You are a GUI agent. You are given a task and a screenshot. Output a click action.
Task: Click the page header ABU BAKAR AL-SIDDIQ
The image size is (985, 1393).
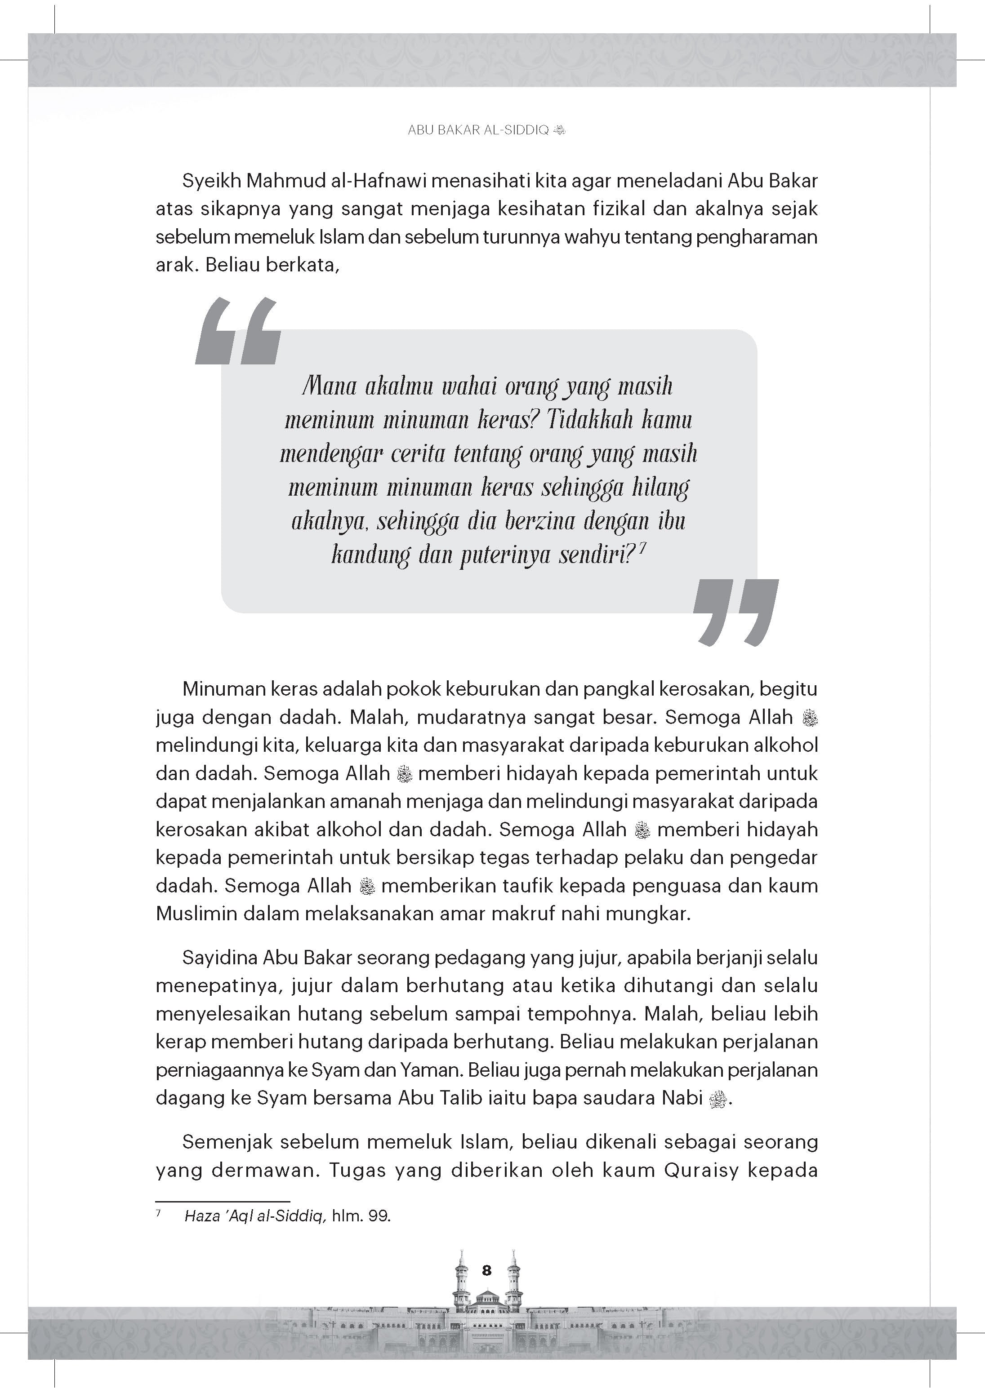(478, 130)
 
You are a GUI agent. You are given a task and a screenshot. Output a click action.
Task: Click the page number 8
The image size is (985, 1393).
(486, 1270)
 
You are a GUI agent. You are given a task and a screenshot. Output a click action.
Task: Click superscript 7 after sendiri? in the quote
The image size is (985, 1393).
(642, 547)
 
